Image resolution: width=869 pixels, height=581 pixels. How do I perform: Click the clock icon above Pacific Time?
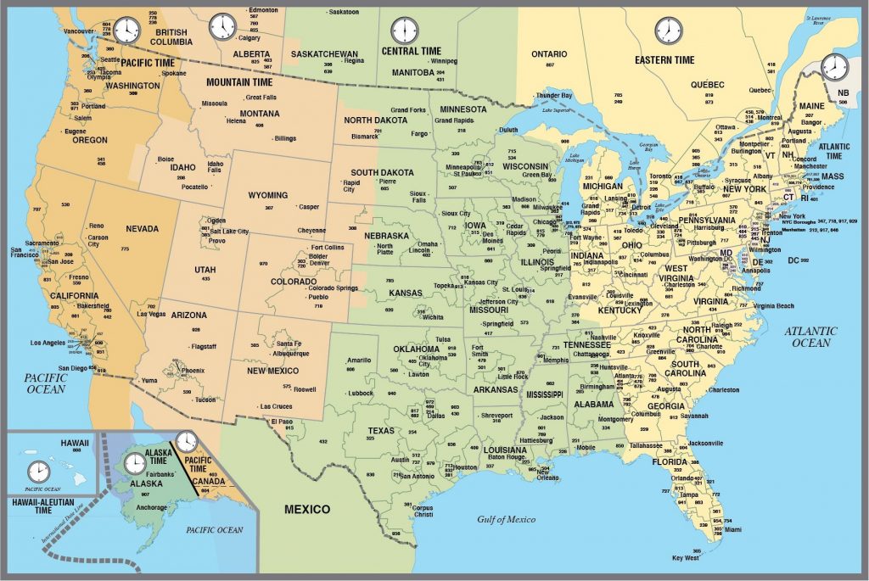click(x=126, y=30)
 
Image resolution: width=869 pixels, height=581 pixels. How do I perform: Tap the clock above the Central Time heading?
click(x=405, y=30)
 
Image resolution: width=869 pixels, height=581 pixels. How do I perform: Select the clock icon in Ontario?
click(x=669, y=31)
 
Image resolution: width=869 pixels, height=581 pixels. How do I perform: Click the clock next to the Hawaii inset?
click(x=38, y=472)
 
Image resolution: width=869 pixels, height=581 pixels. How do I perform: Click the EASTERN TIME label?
click(x=664, y=60)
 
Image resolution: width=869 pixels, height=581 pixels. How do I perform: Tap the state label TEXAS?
click(x=381, y=430)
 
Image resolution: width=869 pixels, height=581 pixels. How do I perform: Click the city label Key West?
click(x=686, y=558)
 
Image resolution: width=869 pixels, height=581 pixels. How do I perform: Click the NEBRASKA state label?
click(x=386, y=236)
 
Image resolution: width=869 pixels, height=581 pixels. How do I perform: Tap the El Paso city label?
click(x=282, y=422)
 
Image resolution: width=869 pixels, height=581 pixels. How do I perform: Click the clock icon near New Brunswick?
click(x=834, y=66)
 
